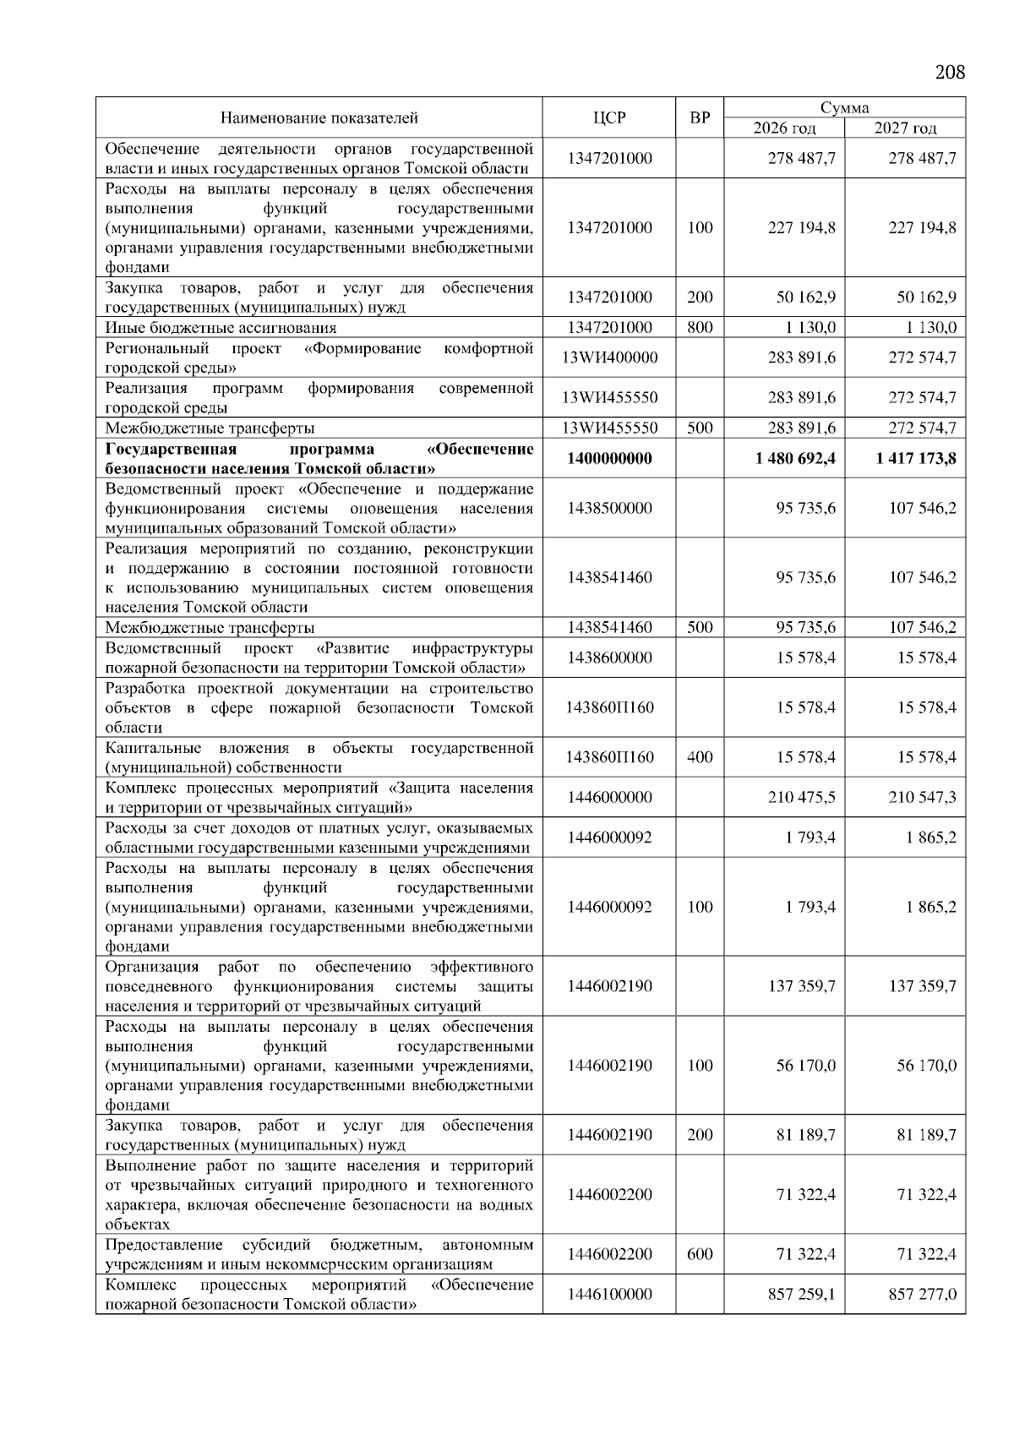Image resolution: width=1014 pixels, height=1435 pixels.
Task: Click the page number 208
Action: click(x=950, y=72)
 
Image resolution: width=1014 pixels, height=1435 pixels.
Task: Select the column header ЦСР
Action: click(x=609, y=118)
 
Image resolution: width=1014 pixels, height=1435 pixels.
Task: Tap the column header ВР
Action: click(x=700, y=118)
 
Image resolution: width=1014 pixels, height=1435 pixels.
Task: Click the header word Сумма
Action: click(x=844, y=108)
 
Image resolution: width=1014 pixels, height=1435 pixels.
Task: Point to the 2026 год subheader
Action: click(x=784, y=128)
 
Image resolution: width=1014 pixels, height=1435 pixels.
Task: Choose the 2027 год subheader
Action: click(x=905, y=128)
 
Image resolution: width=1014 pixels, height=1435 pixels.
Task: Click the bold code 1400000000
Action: click(x=609, y=459)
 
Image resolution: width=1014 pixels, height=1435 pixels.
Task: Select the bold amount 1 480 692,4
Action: click(x=795, y=459)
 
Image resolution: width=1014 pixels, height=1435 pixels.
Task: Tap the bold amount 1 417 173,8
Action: click(x=916, y=459)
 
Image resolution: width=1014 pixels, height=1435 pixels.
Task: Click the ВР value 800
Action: click(x=700, y=328)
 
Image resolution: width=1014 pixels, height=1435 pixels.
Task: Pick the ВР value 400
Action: click(x=700, y=757)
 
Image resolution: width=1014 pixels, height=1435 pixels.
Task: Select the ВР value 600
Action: click(x=700, y=1254)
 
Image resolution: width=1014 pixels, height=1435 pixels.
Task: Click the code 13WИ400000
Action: click(x=609, y=357)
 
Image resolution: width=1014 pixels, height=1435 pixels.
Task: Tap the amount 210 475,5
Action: click(x=801, y=797)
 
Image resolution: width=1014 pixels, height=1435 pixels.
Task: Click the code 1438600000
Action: click(x=609, y=657)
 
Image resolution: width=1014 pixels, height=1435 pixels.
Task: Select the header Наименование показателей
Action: click(x=319, y=118)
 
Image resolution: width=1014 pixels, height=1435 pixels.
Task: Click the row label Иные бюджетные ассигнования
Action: click(x=221, y=328)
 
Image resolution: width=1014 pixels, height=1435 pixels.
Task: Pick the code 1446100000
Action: click(x=609, y=1294)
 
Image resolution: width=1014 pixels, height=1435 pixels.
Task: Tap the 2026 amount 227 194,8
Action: click(x=801, y=228)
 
